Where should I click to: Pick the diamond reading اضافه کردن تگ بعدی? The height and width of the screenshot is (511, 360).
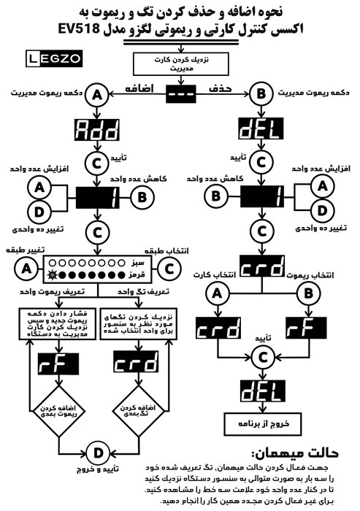click(x=134, y=410)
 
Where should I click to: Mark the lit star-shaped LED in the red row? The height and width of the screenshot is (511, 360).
click(x=53, y=274)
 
